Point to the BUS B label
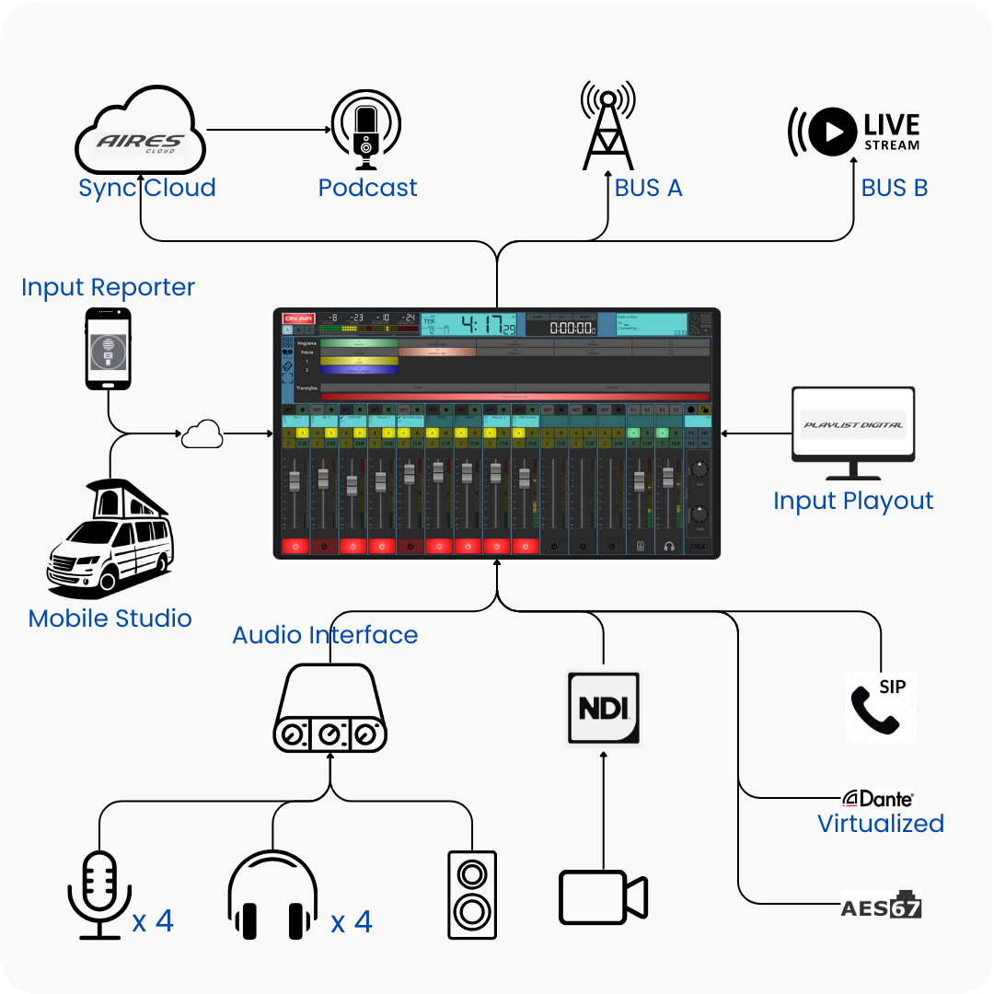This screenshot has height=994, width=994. [x=894, y=188]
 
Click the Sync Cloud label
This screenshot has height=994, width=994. [x=147, y=188]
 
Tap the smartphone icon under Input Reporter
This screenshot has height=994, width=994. [x=109, y=349]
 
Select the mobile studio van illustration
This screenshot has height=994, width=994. [x=108, y=537]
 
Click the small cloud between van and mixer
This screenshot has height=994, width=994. [x=202, y=433]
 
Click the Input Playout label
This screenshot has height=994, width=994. [x=853, y=501]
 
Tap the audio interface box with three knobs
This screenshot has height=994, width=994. [x=329, y=709]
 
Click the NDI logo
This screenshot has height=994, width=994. [x=603, y=708]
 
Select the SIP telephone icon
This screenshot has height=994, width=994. [x=880, y=707]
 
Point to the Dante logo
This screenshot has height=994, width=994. [x=879, y=799]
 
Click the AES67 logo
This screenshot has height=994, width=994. [x=881, y=906]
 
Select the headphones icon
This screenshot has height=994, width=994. [x=272, y=894]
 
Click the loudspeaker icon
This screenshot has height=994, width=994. [x=472, y=894]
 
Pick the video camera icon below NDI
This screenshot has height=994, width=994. [x=603, y=896]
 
